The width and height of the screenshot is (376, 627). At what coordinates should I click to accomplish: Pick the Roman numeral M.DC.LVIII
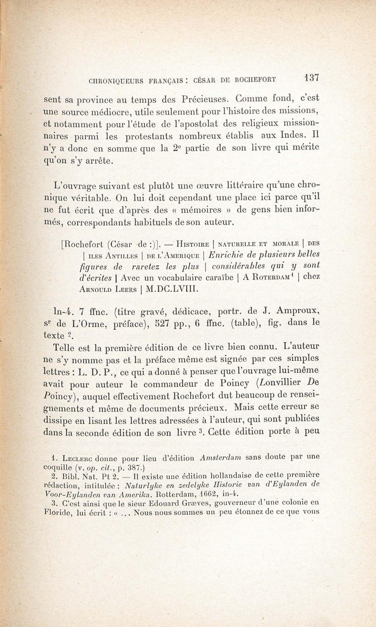171,289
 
